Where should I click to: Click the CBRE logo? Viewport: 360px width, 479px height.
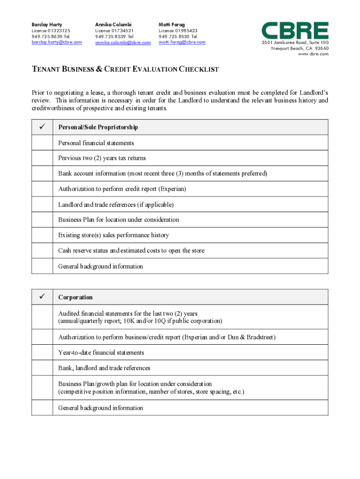295,30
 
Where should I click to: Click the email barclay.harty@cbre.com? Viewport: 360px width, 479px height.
57,42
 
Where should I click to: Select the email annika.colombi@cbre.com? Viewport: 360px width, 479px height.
123,43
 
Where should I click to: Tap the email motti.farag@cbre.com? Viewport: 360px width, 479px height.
182,42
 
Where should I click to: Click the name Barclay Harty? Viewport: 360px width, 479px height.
47,24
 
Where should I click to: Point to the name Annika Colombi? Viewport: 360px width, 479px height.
113,24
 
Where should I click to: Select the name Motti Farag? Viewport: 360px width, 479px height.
172,24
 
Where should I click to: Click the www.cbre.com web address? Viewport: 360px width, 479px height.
313,54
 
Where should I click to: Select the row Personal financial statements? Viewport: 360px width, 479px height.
96,143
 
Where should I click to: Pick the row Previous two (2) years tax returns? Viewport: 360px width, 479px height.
102,158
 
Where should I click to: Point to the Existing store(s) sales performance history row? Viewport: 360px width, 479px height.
114,235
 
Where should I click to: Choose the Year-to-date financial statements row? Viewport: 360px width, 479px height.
101,352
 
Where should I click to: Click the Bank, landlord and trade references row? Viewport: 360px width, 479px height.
104,368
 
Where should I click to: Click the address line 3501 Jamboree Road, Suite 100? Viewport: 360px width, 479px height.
295,43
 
